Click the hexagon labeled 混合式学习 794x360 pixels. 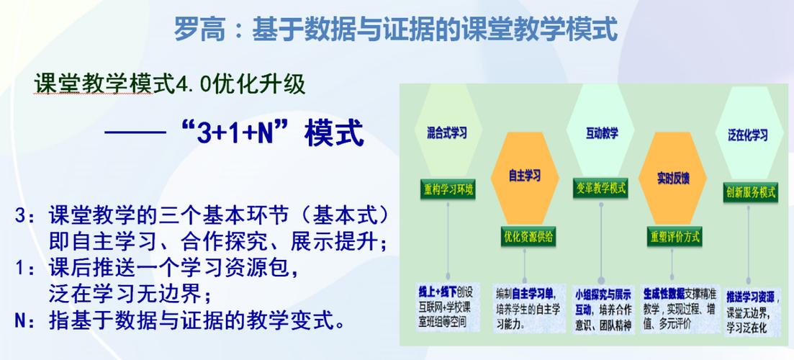pos(447,132)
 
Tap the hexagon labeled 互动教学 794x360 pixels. pos(601,132)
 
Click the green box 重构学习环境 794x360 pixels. pos(447,189)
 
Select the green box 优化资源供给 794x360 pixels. pos(528,235)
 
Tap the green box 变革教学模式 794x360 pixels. pos(600,189)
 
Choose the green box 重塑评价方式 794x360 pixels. pos(675,235)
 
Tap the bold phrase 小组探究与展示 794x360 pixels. pos(603,294)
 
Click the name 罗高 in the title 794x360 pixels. pos(197,30)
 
